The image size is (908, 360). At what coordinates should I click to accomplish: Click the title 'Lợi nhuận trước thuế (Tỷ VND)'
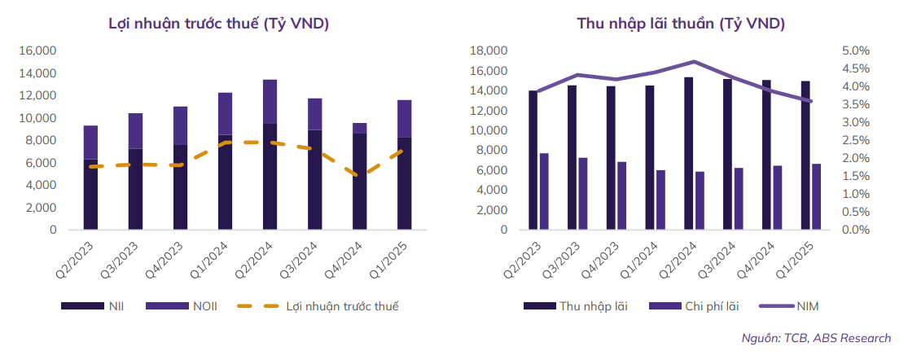(x=218, y=24)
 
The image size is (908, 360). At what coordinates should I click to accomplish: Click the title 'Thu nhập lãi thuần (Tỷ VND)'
(x=681, y=24)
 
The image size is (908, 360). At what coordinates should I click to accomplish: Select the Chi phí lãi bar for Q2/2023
(x=544, y=191)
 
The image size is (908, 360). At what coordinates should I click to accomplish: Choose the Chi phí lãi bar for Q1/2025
(x=816, y=196)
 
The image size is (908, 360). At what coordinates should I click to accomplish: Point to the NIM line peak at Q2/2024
(x=694, y=61)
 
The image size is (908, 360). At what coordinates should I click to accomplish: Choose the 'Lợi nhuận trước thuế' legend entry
(x=342, y=306)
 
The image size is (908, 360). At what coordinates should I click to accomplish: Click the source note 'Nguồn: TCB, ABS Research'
(x=815, y=338)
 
